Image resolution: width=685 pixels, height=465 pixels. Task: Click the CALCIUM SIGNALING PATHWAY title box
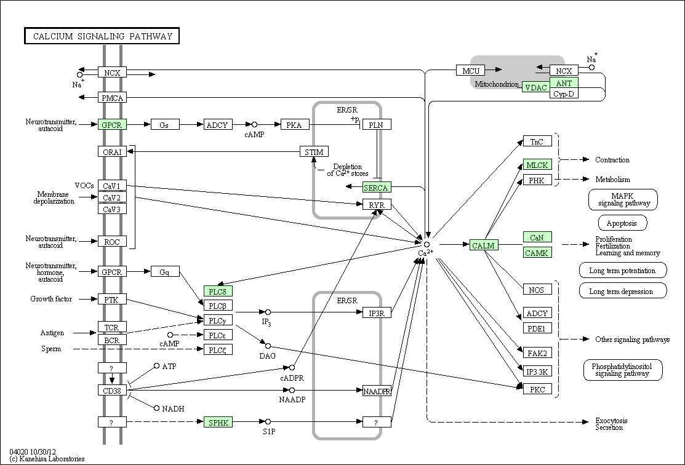tap(102, 36)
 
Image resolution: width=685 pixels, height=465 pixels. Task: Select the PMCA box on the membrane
tap(112, 98)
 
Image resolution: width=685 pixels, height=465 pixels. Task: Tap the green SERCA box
tap(377, 188)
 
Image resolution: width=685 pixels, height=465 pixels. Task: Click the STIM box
tap(314, 151)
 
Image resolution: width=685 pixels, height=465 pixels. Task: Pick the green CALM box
tap(484, 245)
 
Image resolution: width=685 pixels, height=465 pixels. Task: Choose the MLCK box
tap(537, 165)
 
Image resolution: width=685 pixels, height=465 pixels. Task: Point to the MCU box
tap(470, 70)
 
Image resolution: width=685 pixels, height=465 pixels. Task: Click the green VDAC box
tap(536, 87)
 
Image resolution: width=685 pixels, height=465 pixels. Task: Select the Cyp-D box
tap(564, 93)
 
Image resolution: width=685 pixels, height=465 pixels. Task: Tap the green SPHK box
tap(218, 422)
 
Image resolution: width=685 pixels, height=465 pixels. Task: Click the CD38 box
tap(112, 390)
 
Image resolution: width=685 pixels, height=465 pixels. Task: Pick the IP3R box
tap(377, 312)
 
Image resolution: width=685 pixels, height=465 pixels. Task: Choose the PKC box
tap(537, 389)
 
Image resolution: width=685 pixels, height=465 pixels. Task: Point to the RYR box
tap(377, 204)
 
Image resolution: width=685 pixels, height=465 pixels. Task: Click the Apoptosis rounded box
tap(622, 223)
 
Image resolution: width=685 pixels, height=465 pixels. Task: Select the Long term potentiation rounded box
tap(623, 270)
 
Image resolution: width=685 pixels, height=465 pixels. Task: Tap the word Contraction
tap(612, 160)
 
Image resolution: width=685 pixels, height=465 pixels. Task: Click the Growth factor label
tap(51, 299)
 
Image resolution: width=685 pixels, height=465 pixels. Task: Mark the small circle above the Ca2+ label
tap(427, 245)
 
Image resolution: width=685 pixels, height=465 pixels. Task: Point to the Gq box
tap(165, 272)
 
